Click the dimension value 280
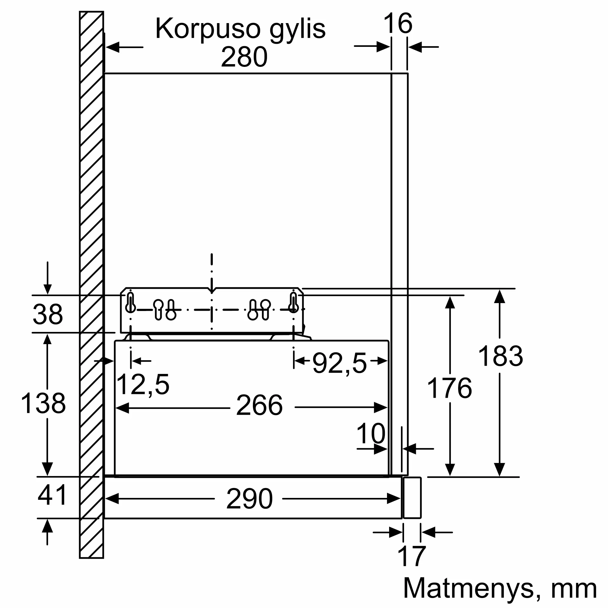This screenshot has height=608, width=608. click(244, 57)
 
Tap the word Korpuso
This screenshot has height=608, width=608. click(208, 29)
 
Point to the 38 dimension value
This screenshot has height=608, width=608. click(48, 314)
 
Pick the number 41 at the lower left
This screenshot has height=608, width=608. click(52, 495)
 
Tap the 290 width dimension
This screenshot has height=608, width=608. click(249, 499)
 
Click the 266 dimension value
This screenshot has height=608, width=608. click(259, 405)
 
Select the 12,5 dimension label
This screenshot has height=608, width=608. click(143, 385)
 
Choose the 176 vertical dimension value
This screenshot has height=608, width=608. click(449, 388)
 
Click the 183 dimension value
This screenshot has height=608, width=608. click(500, 356)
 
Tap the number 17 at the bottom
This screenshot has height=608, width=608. click(412, 556)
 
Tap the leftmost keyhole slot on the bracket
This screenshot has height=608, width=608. click(130, 303)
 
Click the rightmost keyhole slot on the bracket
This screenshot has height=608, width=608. click(293, 303)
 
